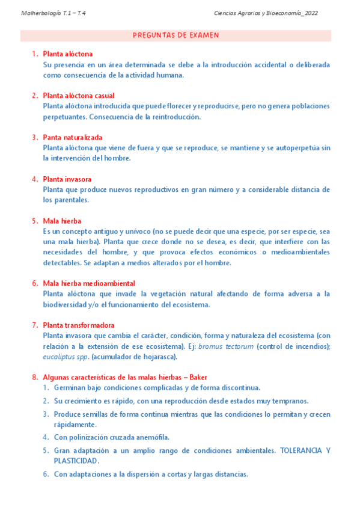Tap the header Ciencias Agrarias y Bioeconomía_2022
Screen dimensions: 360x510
coord(266,13)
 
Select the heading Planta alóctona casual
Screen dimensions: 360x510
coord(78,96)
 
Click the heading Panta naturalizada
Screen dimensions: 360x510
coord(72,137)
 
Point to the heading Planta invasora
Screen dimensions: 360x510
coord(67,179)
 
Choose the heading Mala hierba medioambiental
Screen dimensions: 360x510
coord(88,283)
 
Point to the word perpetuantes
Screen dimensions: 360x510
coord(66,117)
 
